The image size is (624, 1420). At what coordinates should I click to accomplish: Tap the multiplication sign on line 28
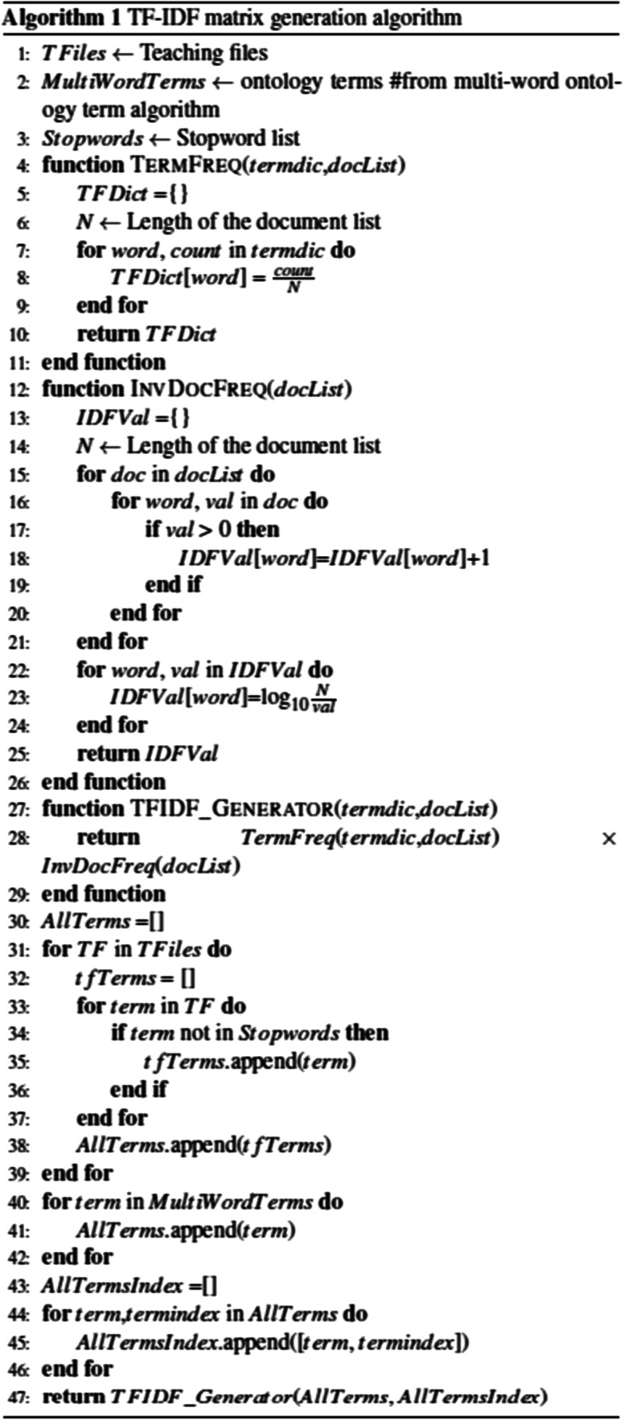(x=609, y=838)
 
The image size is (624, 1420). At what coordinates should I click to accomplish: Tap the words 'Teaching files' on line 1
(x=203, y=54)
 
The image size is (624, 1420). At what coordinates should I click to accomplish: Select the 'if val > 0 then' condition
(x=212, y=530)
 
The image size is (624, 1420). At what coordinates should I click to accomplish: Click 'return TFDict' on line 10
(x=146, y=334)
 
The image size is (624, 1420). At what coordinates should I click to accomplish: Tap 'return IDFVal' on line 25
(x=147, y=754)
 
